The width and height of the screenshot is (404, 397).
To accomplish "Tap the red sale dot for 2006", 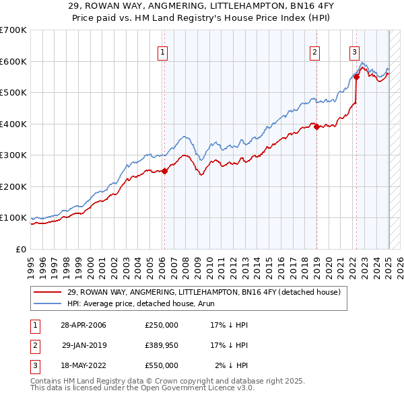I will [x=164, y=171].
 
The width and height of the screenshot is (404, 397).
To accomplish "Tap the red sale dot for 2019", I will [x=316, y=127].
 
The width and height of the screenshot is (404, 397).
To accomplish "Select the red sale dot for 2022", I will [x=356, y=77].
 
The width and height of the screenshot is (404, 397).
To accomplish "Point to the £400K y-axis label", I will [x=13, y=124].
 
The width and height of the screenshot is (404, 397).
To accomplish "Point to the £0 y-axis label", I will [x=22, y=249].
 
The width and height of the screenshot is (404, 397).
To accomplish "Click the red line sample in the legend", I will [x=47, y=292].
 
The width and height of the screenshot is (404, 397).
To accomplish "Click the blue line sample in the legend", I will [x=47, y=303].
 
